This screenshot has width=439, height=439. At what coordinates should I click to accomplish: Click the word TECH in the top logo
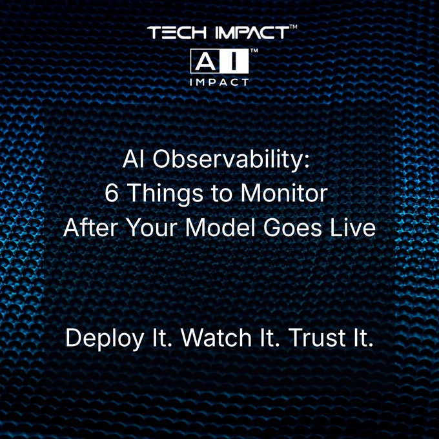[177, 32]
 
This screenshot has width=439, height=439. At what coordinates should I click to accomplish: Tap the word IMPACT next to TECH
[252, 32]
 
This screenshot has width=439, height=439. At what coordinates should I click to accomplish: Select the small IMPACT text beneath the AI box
[219, 83]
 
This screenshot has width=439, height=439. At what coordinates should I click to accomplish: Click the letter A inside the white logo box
[205, 61]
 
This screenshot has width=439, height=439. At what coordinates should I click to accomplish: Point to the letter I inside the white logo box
[234, 61]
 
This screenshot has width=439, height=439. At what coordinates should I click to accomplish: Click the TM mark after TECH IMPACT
[293, 27]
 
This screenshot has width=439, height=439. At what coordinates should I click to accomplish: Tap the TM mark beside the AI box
[254, 50]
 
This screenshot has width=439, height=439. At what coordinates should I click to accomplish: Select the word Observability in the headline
[231, 159]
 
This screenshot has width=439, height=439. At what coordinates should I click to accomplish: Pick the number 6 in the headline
[112, 194]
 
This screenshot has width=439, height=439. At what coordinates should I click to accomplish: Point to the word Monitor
[284, 193]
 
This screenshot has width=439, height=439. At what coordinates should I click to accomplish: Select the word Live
[352, 227]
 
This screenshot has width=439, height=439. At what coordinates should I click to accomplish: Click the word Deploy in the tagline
[105, 339]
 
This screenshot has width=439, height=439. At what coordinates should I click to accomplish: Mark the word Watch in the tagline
[216, 338]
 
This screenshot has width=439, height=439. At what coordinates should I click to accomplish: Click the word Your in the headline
[152, 228]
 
